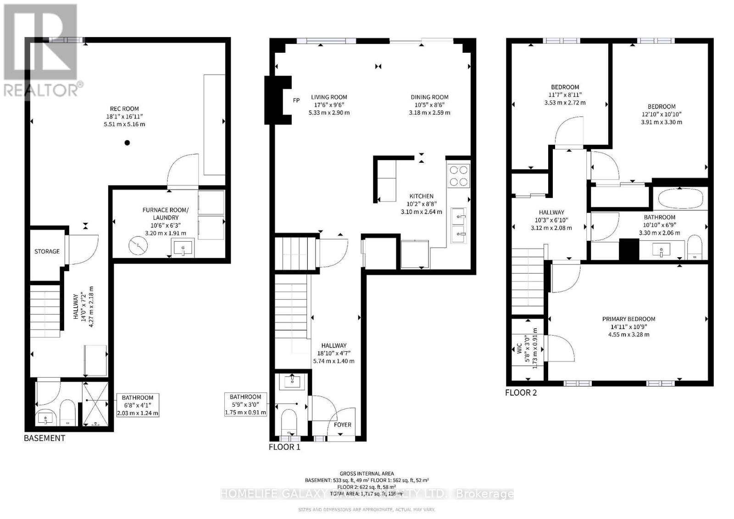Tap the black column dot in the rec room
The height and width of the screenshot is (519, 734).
click(x=128, y=143)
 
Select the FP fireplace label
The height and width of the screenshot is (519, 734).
click(x=296, y=100)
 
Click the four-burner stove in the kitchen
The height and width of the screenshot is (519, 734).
click(x=459, y=175)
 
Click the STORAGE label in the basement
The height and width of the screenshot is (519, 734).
click(x=47, y=251)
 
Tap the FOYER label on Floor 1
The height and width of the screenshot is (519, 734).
click(x=342, y=425)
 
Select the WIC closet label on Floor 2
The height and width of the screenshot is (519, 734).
click(x=519, y=348)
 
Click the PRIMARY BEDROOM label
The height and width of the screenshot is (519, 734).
click(x=628, y=319)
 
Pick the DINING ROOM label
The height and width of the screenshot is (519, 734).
click(x=429, y=97)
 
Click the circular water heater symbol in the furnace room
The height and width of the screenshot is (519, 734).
click(x=138, y=246)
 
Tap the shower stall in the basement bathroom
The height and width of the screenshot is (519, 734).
click(x=95, y=404)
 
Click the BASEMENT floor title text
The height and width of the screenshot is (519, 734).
click(x=44, y=438)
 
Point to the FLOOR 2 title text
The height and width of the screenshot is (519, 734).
click(x=521, y=392)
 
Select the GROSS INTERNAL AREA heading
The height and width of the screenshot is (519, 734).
click(x=367, y=474)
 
